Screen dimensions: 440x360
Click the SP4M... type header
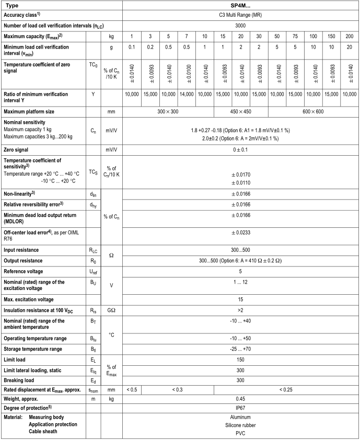(240, 5)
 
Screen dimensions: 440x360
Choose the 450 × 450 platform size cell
(240, 111)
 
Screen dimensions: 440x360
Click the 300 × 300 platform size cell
(168, 111)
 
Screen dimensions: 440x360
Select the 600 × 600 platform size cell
(313, 111)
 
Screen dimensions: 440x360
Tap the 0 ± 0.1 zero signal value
(240, 149)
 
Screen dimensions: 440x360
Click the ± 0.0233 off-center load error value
(240, 234)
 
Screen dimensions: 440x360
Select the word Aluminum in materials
(240, 418)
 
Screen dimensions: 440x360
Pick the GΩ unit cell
(111, 310)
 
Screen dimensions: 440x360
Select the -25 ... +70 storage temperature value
(240, 349)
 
